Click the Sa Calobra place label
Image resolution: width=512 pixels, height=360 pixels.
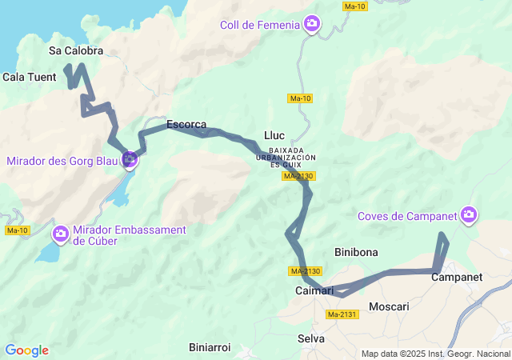coord(77,50)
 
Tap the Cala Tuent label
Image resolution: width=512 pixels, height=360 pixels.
coord(30,78)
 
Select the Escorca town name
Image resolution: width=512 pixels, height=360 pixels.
coord(186,125)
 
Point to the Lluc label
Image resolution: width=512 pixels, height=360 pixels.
coord(274,135)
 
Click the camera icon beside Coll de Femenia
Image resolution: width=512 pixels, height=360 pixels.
coord(312,25)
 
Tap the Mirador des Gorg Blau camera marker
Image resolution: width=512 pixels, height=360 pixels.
coord(130,160)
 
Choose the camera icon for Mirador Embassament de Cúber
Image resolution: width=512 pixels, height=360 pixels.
coord(60,234)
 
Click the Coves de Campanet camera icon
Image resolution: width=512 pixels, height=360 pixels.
coord(470,214)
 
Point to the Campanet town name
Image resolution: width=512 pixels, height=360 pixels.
coord(457,278)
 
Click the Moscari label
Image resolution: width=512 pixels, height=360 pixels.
coord(389,306)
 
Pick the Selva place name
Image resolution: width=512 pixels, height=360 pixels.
coord(311,338)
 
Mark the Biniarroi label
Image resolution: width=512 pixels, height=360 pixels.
coord(210,347)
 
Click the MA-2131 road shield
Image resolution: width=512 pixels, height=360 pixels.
coord(342,314)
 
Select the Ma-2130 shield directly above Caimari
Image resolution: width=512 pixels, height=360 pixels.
coord(305,271)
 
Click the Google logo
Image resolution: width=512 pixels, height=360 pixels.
coord(26,350)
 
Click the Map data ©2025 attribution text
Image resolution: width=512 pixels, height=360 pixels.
coord(435,354)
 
